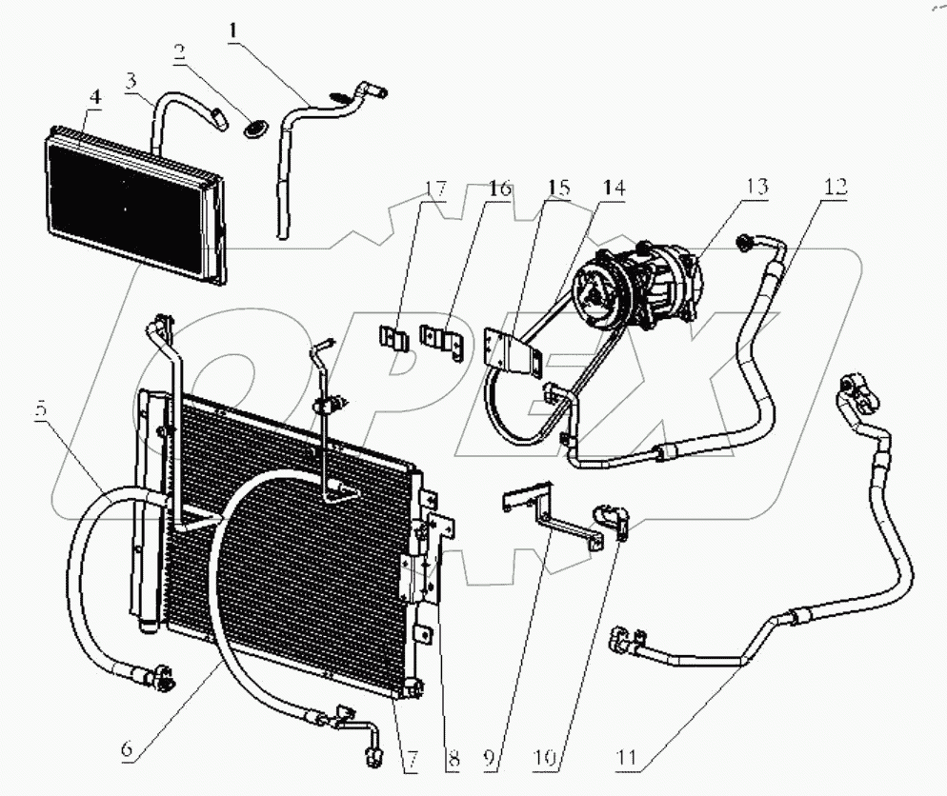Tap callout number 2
click(x=178, y=52)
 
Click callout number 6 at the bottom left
click(x=127, y=748)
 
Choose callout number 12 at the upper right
click(x=836, y=188)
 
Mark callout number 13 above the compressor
click(x=756, y=188)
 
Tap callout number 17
click(x=435, y=189)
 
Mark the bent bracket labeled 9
click(x=553, y=519)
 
